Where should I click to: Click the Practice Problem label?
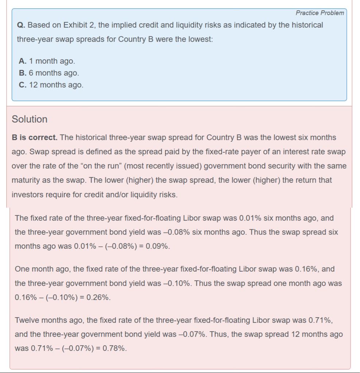click(320, 13)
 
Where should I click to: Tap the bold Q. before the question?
click(21, 25)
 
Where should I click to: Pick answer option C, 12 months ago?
click(51, 85)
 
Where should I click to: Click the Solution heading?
click(30, 119)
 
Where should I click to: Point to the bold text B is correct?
click(35, 138)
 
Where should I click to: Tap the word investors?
click(27, 195)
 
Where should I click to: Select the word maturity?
click(26, 180)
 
